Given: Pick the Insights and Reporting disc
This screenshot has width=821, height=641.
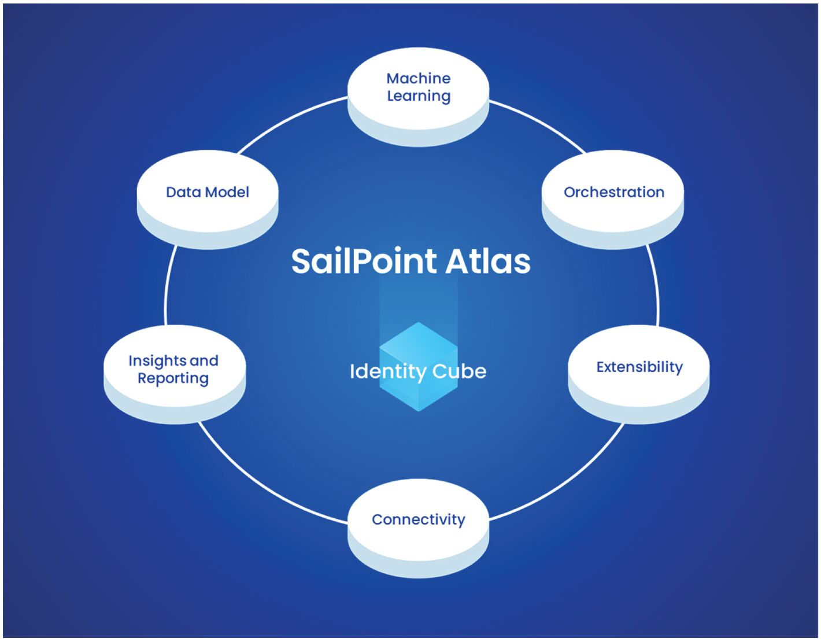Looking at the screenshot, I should [x=174, y=373].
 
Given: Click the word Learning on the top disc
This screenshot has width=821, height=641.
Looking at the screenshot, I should [x=419, y=96].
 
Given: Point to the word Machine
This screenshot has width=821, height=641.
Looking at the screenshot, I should [x=419, y=78].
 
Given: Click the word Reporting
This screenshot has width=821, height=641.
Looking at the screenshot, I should [x=173, y=378].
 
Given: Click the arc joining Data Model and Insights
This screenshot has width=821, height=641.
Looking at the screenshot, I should [x=167, y=283].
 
